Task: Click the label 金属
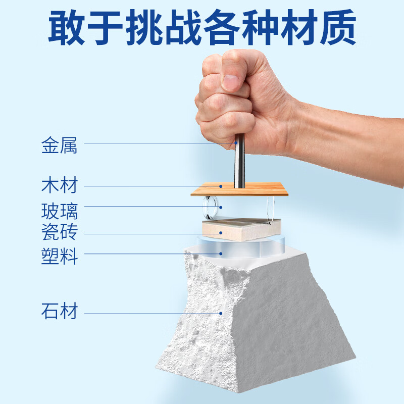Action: pos(59,146)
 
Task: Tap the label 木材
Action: pos(59,185)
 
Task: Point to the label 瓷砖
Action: pos(59,233)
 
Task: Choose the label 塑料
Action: pos(59,256)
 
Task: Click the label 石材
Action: pos(59,311)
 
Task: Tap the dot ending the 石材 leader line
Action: pos(221,313)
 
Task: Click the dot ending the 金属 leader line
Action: pos(235,143)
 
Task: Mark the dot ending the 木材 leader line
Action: pos(221,186)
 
